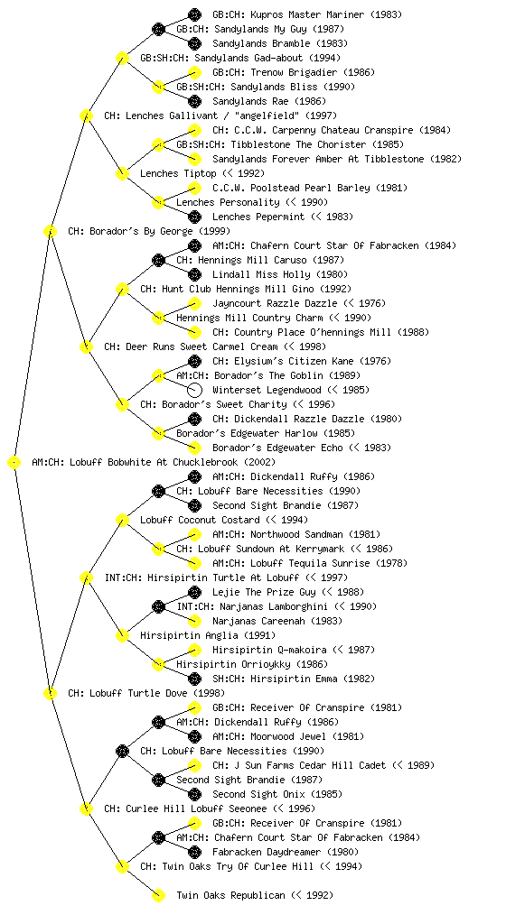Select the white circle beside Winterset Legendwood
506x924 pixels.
[x=194, y=390]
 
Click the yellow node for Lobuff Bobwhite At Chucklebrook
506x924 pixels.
[x=14, y=463]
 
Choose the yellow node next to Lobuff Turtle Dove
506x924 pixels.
[x=50, y=694]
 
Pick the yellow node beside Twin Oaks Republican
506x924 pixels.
[x=158, y=896]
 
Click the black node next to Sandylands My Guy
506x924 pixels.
[x=158, y=29]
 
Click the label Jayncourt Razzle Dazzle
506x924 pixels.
[x=275, y=303]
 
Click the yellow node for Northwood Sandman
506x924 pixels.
[x=194, y=534]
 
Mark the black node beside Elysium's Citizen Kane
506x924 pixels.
[x=194, y=361]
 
